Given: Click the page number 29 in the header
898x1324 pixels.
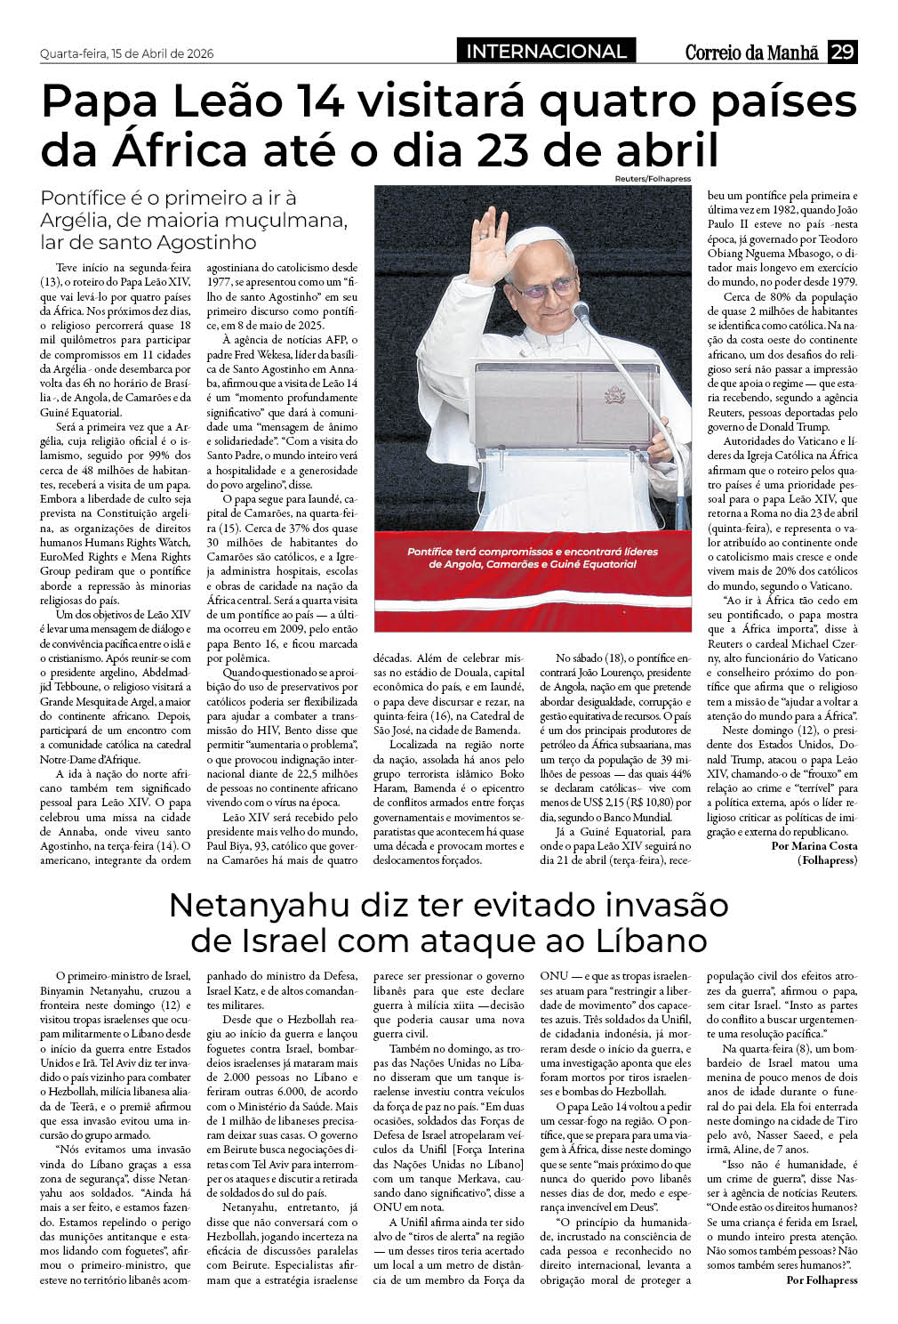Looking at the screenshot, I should pos(842,52).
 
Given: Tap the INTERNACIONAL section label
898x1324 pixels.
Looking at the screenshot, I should pos(546,52).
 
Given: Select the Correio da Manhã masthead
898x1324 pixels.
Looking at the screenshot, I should pos(751,52).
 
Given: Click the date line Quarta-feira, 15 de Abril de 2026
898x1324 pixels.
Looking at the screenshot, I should pos(127,53).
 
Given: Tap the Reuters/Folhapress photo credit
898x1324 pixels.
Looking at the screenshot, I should pos(652,179).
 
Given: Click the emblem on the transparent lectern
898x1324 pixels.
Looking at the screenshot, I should pos(613,396).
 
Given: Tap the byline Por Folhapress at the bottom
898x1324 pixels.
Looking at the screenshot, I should pos(822,1280).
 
